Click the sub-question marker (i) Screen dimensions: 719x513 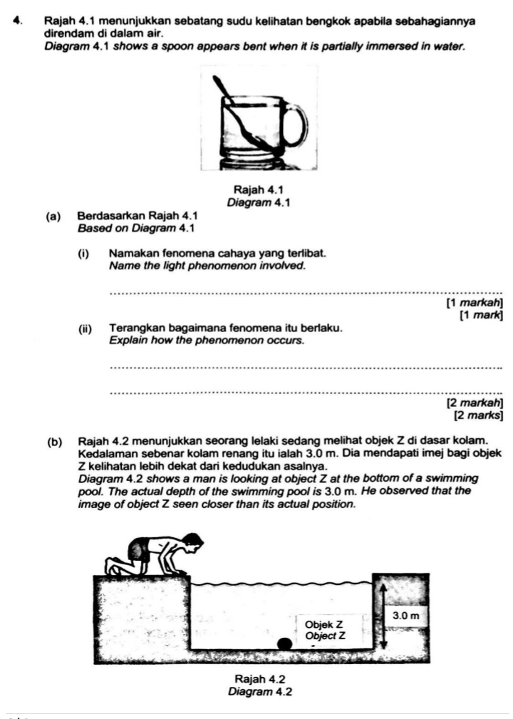point(85,254)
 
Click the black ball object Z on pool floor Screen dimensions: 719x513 point(284,643)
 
